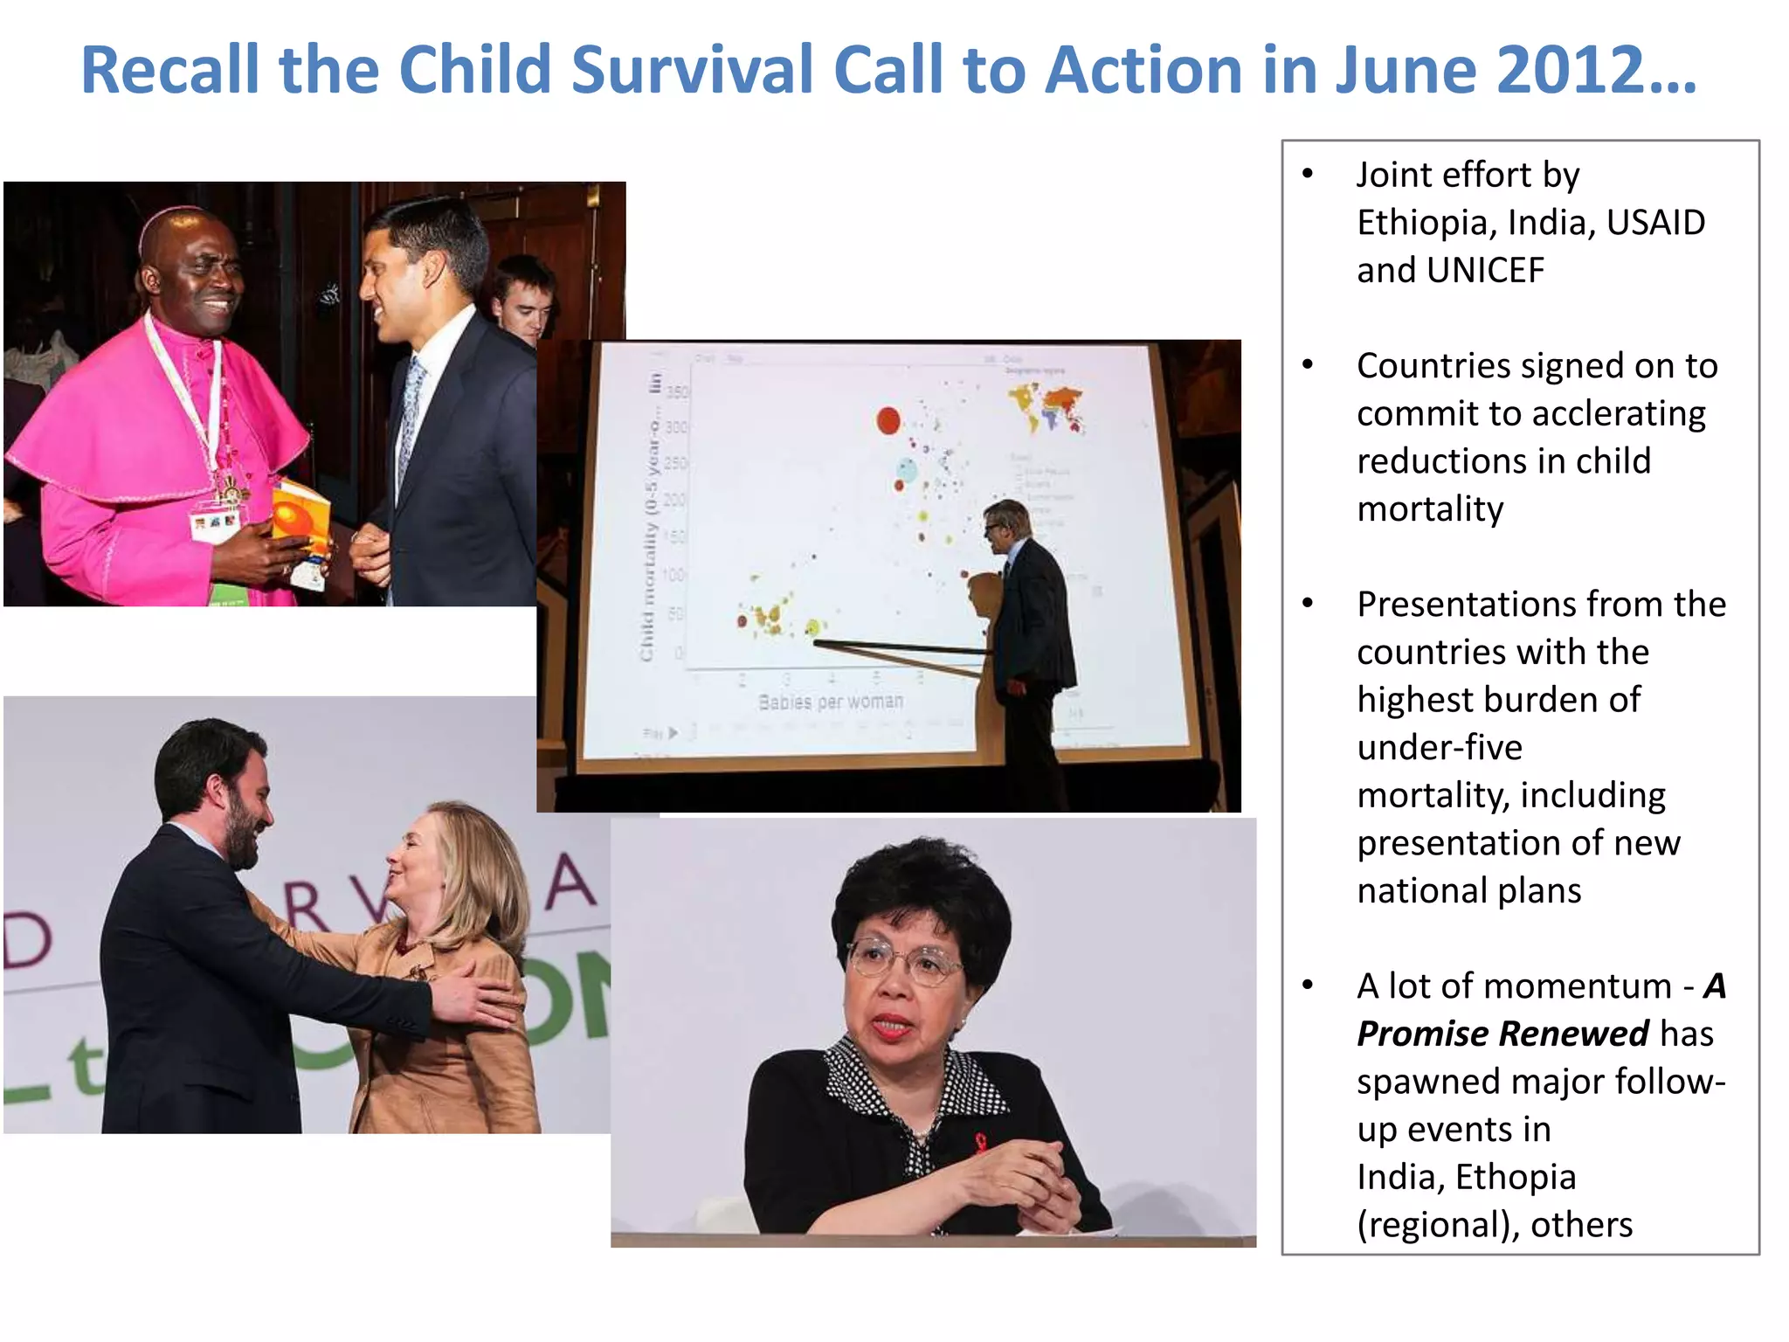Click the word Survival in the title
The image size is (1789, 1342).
pos(691,70)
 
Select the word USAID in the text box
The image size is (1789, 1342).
pos(1655,223)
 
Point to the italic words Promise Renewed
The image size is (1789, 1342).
pos(1502,1034)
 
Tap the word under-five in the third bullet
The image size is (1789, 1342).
pos(1440,748)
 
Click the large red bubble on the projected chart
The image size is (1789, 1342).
pos(888,420)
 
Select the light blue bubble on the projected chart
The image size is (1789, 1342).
pos(908,471)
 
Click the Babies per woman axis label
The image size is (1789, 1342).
pos(830,702)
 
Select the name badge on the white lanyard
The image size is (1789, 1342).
pos(215,524)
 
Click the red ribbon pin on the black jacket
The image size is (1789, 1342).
pos(980,1141)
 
